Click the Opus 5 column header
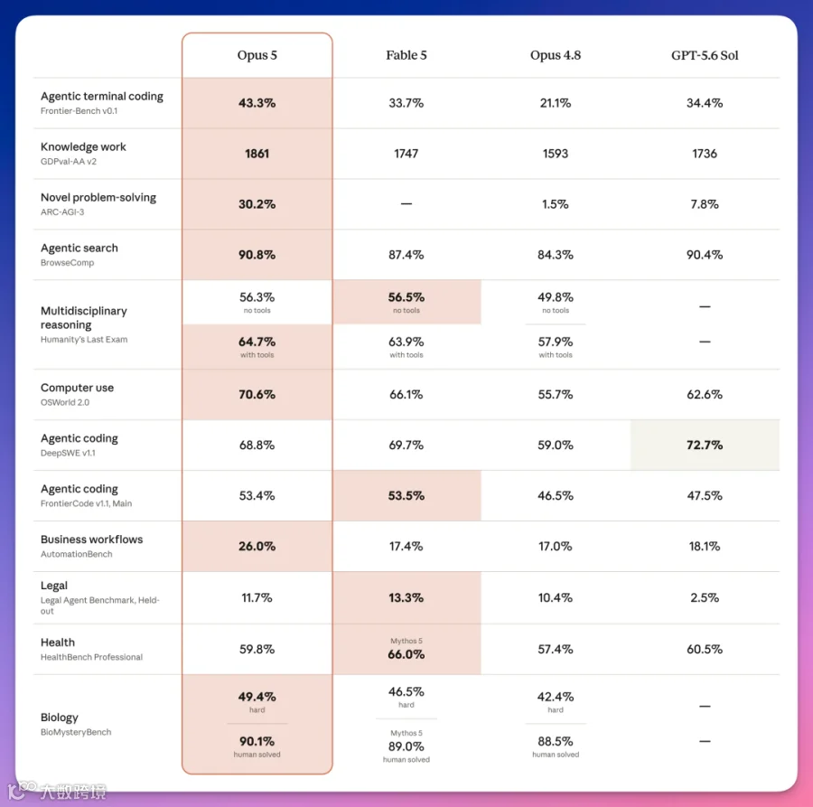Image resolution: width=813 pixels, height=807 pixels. [257, 55]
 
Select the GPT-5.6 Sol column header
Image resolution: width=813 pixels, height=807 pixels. [705, 55]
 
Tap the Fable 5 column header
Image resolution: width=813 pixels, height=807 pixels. [406, 55]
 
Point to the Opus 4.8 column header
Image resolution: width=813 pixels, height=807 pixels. [556, 55]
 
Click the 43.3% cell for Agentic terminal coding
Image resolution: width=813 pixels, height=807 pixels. [257, 103]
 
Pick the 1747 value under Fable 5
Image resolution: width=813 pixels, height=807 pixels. [406, 154]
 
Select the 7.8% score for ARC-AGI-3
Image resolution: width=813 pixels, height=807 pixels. [705, 204]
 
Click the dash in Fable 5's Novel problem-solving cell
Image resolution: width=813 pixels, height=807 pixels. [406, 204]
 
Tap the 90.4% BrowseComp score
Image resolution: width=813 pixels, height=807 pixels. [705, 255]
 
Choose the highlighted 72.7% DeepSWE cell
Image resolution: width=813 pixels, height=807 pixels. [705, 445]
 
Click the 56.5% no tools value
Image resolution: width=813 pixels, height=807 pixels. [406, 297]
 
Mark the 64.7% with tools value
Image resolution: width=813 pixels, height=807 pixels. [257, 342]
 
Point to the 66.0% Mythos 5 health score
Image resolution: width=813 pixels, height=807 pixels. [406, 654]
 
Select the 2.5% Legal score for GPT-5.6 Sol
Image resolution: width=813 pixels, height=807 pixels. [705, 597]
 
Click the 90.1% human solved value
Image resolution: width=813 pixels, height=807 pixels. [257, 741]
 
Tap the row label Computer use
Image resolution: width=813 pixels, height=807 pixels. [78, 388]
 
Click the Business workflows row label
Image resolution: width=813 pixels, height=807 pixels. [92, 540]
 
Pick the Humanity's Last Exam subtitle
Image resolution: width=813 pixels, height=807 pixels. [84, 339]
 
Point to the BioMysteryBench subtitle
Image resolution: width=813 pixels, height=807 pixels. [76, 732]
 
